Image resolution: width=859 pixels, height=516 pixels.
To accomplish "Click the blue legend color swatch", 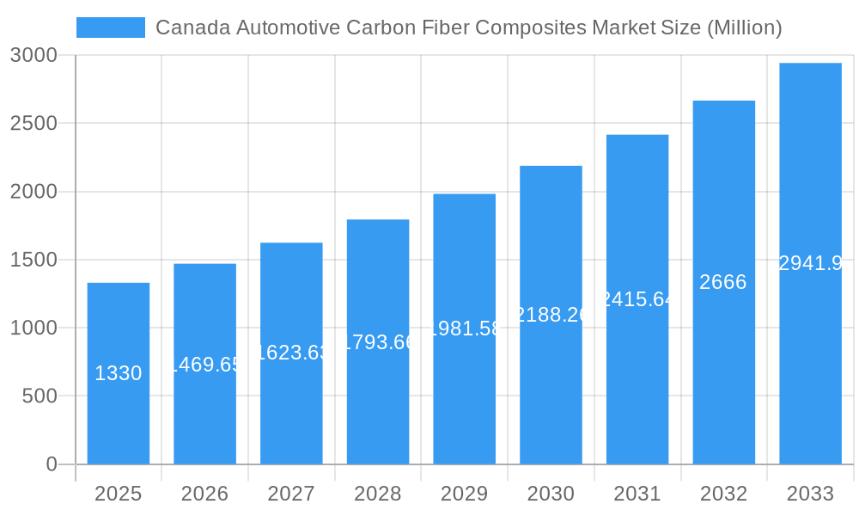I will pos(111,28).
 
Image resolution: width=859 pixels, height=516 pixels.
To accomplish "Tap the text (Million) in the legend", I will pos(744,28).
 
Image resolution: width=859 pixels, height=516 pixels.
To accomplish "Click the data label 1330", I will pos(118,373).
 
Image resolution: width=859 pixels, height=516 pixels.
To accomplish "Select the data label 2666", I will pos(723,282).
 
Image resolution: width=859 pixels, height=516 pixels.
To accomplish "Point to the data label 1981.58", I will pos(465,329).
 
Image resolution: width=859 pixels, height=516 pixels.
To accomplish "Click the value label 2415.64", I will pos(637,299).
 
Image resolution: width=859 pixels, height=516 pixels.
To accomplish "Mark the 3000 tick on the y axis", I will pos(34,55).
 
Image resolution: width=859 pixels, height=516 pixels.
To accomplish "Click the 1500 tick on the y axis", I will pos(34,260).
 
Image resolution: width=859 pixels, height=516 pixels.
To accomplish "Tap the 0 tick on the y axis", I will pos(51,464).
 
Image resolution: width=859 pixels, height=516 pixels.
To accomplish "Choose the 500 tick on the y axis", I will pos(40,396).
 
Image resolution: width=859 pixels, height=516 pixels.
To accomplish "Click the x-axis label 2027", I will pos(291,494).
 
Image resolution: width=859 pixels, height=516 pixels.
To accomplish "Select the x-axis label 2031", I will pos(637,494).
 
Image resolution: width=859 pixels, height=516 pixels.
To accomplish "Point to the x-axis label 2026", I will pos(204,494).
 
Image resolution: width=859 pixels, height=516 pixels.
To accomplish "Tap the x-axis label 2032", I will pos(723,494).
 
